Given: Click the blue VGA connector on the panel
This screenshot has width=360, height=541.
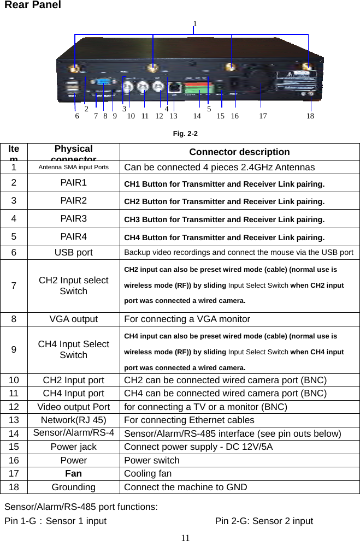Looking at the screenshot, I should (104, 84).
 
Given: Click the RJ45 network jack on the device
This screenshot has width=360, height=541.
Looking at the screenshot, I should (174, 87).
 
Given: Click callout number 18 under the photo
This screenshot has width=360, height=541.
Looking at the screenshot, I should (310, 116).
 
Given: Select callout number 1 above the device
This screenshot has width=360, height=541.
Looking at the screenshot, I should (195, 23).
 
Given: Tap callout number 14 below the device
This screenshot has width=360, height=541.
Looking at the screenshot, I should (197, 116).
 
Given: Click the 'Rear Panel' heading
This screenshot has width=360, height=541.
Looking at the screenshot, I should (33, 5).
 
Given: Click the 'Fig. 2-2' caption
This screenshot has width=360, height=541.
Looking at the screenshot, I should (185, 134).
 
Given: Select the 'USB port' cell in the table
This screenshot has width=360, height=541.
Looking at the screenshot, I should (73, 253).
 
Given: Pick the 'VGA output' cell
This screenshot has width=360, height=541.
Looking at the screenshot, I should (73, 319).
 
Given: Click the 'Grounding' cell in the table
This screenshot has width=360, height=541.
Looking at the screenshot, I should (73, 487).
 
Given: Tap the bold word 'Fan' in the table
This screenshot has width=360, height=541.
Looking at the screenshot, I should (73, 473).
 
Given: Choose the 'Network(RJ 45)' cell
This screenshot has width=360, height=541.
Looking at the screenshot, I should (73, 420).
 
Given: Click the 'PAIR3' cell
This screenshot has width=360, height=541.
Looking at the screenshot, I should (73, 219).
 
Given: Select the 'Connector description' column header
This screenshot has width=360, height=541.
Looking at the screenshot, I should (239, 152).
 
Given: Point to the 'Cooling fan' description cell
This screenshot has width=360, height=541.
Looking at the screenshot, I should (147, 473).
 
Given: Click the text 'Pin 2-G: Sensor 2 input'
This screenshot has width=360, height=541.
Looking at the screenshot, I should (264, 521).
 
